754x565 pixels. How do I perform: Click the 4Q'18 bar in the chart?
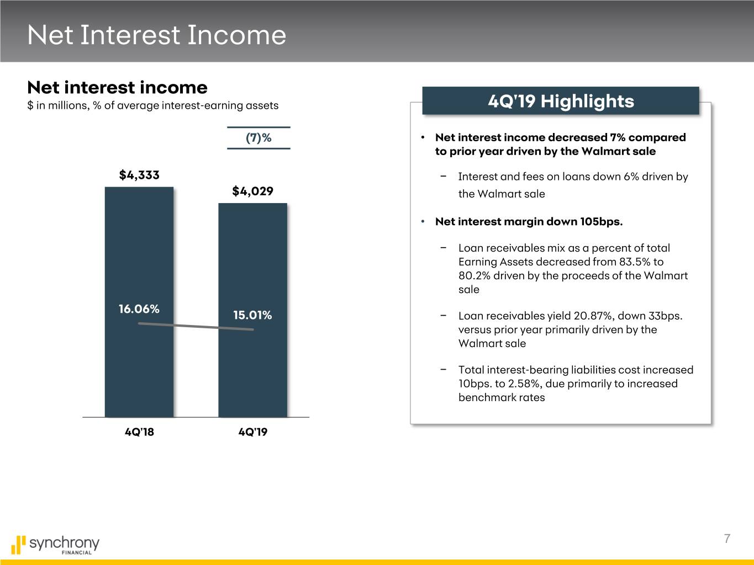point(139,302)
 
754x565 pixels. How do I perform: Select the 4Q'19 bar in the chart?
point(253,310)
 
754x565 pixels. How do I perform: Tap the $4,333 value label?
point(139,175)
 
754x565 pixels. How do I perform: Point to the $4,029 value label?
point(253,191)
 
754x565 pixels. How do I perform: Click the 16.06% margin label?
point(139,309)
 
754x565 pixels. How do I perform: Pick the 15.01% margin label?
point(252,315)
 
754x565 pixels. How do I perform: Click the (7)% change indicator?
point(259,138)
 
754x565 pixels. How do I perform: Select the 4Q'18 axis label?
point(139,432)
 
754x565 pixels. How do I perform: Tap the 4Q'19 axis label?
point(253,432)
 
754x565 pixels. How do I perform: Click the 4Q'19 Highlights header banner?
point(561,101)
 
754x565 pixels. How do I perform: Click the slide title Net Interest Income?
point(157,35)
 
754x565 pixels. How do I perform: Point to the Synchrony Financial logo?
point(55,545)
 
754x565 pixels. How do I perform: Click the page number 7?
point(727,539)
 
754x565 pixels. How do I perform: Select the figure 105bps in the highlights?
point(602,222)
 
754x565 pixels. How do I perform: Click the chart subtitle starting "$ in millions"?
point(153,105)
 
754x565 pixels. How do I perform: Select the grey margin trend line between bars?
point(196,326)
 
